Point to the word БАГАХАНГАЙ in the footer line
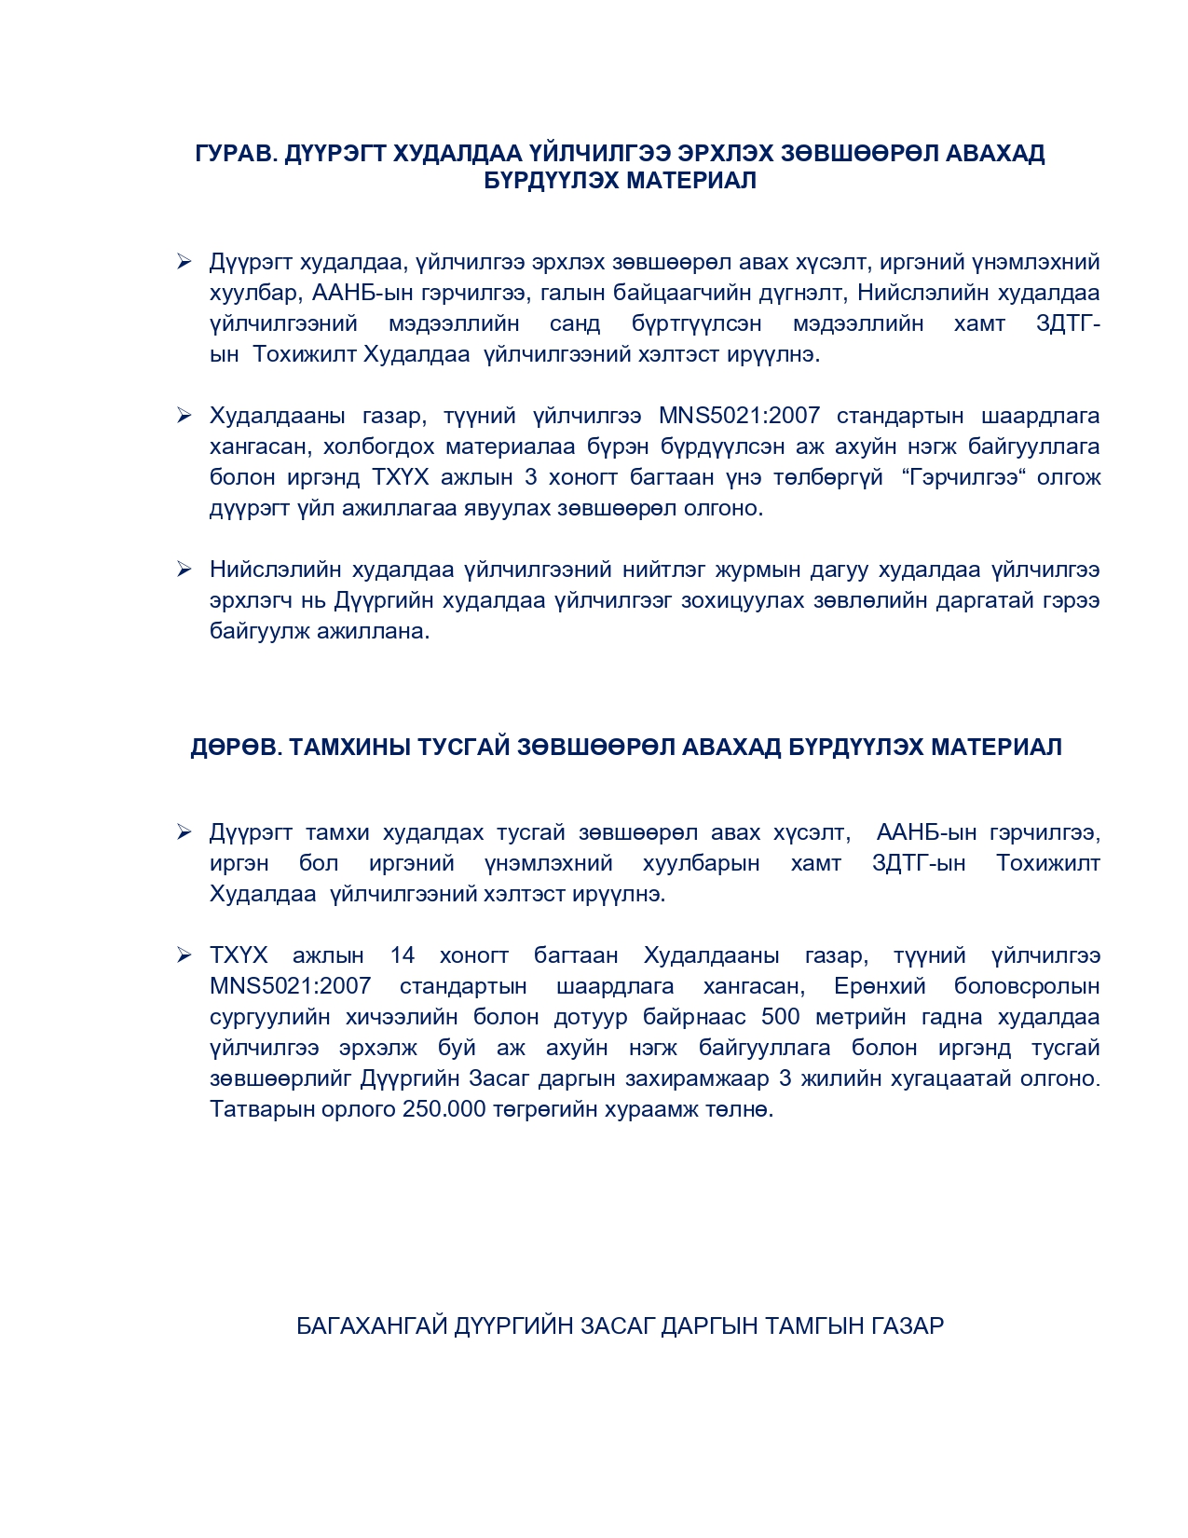pyautogui.click(x=372, y=1325)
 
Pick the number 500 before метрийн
pyautogui.click(x=780, y=1017)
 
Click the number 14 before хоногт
pyautogui.click(x=403, y=955)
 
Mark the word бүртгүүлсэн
pyautogui.click(x=696, y=323)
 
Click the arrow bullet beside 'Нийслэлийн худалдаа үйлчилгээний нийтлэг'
pyautogui.click(x=184, y=570)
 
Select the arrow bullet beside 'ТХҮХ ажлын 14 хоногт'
pyautogui.click(x=184, y=955)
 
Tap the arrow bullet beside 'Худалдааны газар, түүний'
pyautogui.click(x=184, y=416)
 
